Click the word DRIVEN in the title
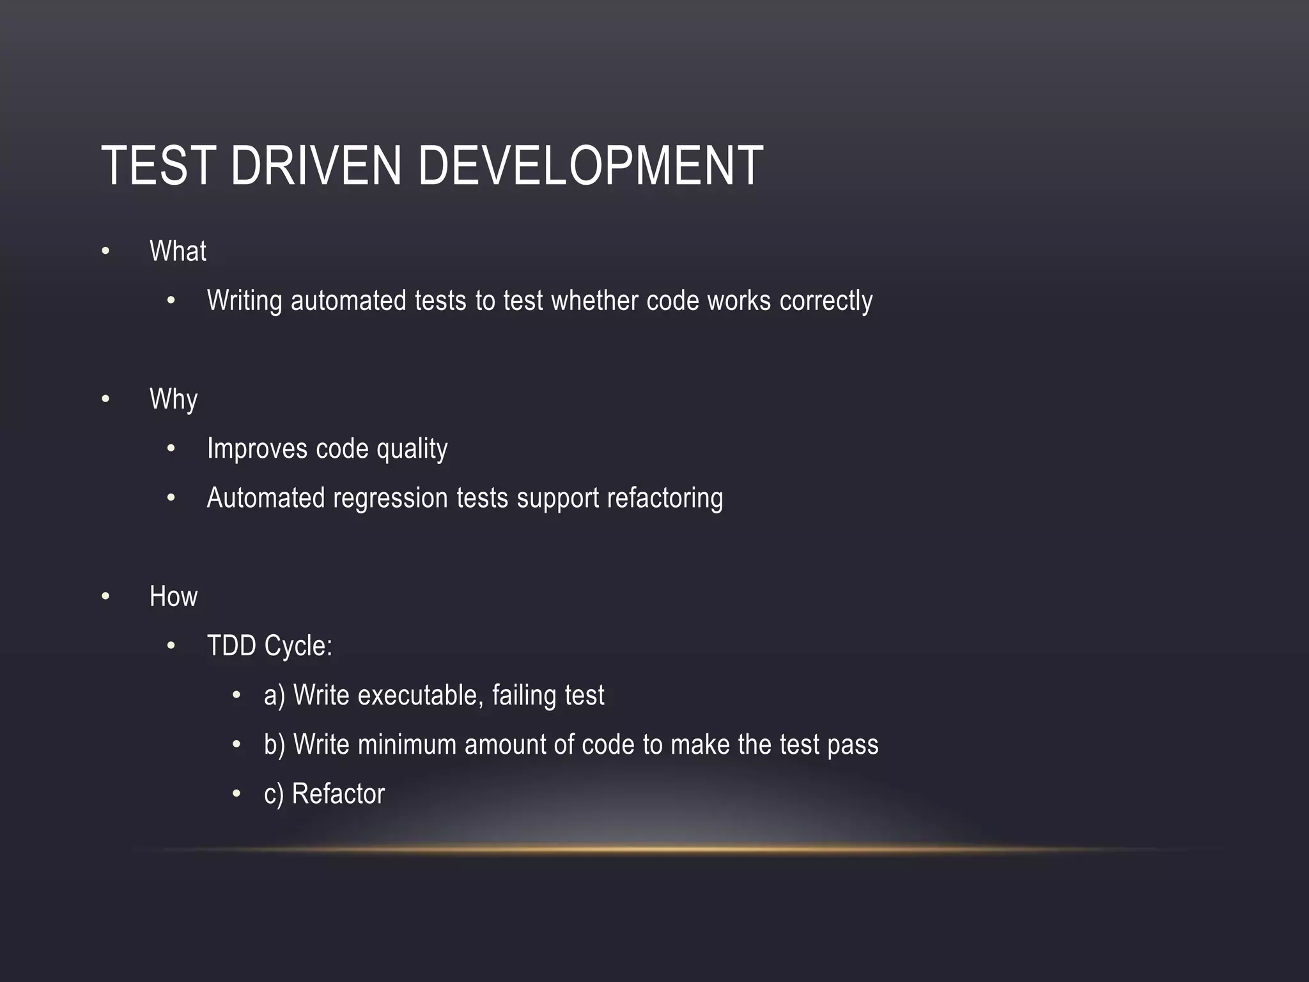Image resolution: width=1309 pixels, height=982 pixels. [316, 166]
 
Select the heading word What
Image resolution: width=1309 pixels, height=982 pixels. [178, 251]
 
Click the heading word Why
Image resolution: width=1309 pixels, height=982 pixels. [173, 399]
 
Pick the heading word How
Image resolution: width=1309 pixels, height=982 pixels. [173, 596]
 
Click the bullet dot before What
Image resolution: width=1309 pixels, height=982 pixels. [106, 251]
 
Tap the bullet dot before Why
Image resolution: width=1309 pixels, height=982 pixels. [106, 400]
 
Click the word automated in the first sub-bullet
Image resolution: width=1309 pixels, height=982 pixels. [348, 300]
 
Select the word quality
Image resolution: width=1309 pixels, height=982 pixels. [412, 449]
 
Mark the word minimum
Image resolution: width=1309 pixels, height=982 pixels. [407, 745]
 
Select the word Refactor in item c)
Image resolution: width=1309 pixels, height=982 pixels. [338, 794]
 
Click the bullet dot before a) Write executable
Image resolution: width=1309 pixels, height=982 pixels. [236, 696]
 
